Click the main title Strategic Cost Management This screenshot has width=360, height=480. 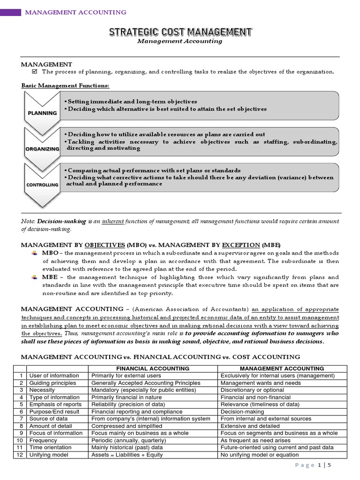pyautogui.click(x=180, y=32)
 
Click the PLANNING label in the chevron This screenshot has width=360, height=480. pyautogui.click(x=42, y=113)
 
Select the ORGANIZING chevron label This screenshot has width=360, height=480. pyautogui.click(x=42, y=149)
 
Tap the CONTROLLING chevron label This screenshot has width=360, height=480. pyautogui.click(x=42, y=185)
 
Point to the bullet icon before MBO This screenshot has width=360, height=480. pyautogui.click(x=34, y=253)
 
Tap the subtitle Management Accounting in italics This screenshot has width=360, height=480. pyautogui.click(x=180, y=41)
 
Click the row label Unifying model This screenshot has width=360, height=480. pyautogui.click(x=48, y=455)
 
